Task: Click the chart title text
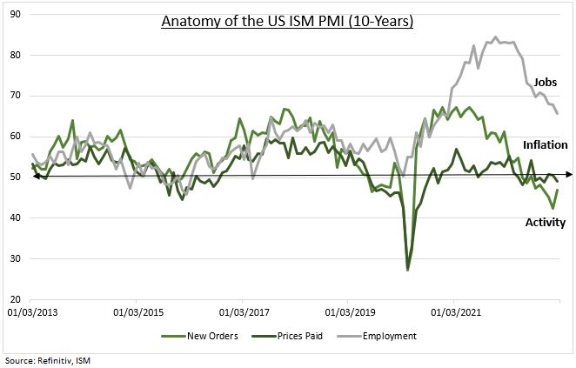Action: point(287,21)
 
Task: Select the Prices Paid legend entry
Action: point(303,336)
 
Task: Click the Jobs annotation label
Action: point(545,83)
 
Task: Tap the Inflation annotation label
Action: point(545,144)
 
